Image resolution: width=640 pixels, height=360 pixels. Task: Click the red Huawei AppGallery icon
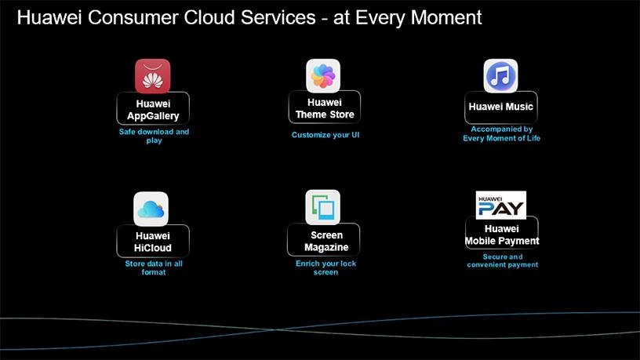pyautogui.click(x=153, y=76)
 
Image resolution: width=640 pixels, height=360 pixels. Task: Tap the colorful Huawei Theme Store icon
pyautogui.click(x=323, y=75)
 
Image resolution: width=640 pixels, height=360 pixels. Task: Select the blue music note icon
pyautogui.click(x=500, y=76)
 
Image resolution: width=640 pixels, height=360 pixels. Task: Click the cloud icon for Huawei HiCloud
pyautogui.click(x=151, y=209)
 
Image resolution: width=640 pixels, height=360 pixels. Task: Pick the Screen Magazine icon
pyautogui.click(x=323, y=207)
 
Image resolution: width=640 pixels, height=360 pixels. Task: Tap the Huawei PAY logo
pyautogui.click(x=501, y=205)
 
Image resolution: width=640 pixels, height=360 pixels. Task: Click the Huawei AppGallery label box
pyautogui.click(x=153, y=108)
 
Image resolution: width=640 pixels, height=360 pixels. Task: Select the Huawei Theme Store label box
pyautogui.click(x=325, y=107)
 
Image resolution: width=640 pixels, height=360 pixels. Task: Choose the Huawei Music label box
pyautogui.click(x=501, y=107)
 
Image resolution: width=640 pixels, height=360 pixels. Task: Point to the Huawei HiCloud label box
pyautogui.click(x=153, y=241)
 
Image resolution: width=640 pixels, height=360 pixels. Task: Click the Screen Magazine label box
pyautogui.click(x=324, y=240)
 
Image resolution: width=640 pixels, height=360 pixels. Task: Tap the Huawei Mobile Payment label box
pyautogui.click(x=502, y=233)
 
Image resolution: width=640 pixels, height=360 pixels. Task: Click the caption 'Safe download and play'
pyautogui.click(x=154, y=136)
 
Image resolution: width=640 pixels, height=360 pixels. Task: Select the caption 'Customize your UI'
pyautogui.click(x=325, y=135)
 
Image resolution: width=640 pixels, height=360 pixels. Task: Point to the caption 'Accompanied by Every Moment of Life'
pyautogui.click(x=502, y=133)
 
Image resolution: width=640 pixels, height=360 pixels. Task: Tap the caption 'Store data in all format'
pyautogui.click(x=154, y=267)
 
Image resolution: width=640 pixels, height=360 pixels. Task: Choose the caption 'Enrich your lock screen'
pyautogui.click(x=325, y=267)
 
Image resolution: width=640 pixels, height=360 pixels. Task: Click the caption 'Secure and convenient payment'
pyautogui.click(x=503, y=260)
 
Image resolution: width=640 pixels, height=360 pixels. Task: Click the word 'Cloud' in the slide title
pyautogui.click(x=209, y=17)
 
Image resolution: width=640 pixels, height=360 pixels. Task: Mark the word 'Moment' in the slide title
pyautogui.click(x=446, y=17)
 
